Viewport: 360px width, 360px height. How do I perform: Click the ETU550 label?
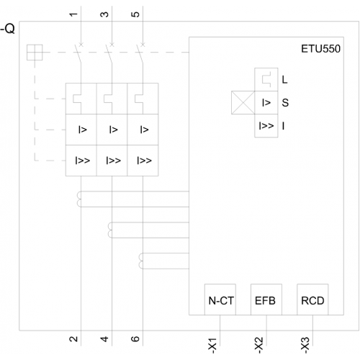[320, 49]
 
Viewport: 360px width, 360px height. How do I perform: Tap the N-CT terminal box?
[220, 300]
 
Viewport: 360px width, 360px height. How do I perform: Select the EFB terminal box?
[266, 300]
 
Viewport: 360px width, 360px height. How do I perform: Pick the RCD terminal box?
[312, 300]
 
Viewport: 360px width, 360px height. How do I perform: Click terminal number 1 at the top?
[73, 14]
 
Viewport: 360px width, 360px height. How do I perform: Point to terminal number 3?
[104, 14]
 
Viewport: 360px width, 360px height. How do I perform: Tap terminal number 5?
[135, 14]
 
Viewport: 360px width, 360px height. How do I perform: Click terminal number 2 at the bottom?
[73, 339]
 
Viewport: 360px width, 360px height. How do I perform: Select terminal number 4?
[104, 339]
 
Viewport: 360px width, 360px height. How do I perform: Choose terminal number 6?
[135, 339]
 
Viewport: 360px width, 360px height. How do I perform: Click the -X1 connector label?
[212, 346]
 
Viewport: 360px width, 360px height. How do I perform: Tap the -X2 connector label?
[258, 346]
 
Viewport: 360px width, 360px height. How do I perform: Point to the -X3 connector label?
[305, 346]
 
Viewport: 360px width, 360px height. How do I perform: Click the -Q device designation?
[8, 29]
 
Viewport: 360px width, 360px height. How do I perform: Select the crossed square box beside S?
[243, 102]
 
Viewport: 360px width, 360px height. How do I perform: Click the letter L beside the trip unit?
[284, 80]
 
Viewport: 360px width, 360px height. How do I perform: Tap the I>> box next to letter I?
[266, 126]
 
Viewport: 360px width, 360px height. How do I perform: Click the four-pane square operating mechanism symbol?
[35, 53]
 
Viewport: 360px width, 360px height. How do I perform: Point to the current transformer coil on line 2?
[79, 199]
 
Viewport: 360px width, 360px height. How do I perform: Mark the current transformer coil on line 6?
[141, 261]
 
